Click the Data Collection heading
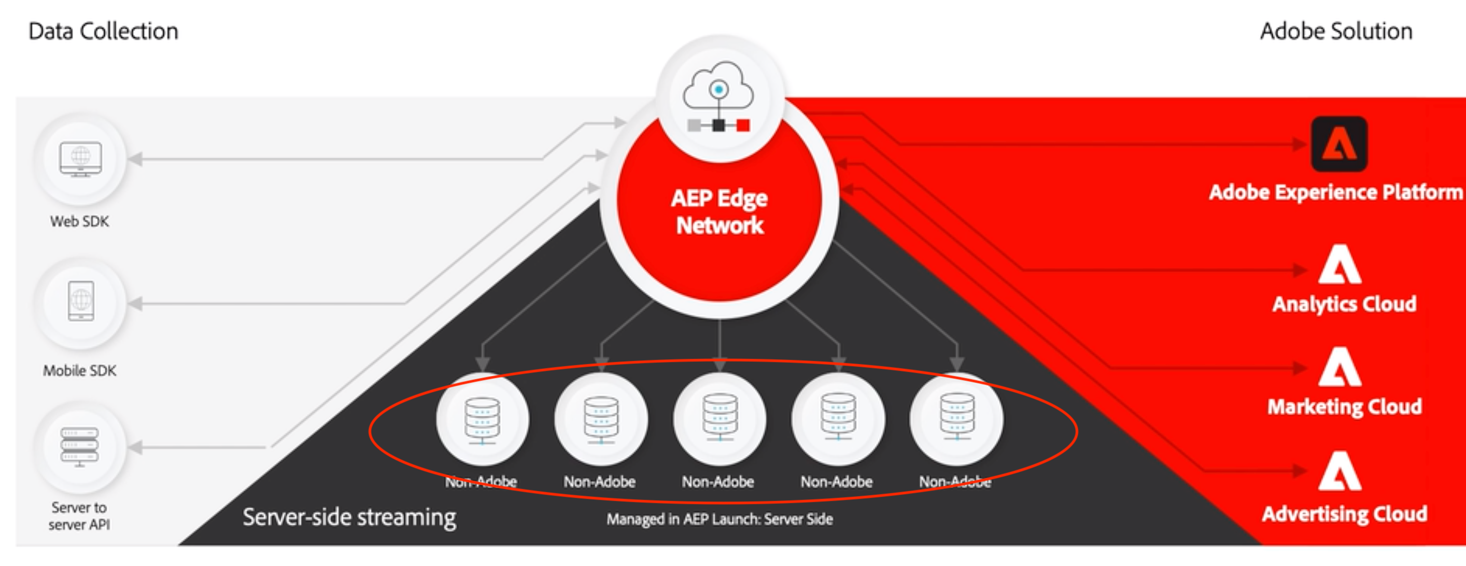click(x=103, y=31)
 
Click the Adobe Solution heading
click(x=1336, y=31)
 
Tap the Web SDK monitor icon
click(x=80, y=159)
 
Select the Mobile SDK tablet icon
click(x=80, y=301)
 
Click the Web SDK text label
click(x=80, y=221)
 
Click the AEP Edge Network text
click(x=720, y=211)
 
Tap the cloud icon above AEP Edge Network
click(x=718, y=87)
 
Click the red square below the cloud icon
click(x=743, y=125)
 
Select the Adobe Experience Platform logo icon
click(x=1338, y=144)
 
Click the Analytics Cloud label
click(x=1344, y=304)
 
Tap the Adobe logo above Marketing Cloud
click(x=1340, y=367)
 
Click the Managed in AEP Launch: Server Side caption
click(x=720, y=519)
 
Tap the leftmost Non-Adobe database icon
click(x=483, y=420)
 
